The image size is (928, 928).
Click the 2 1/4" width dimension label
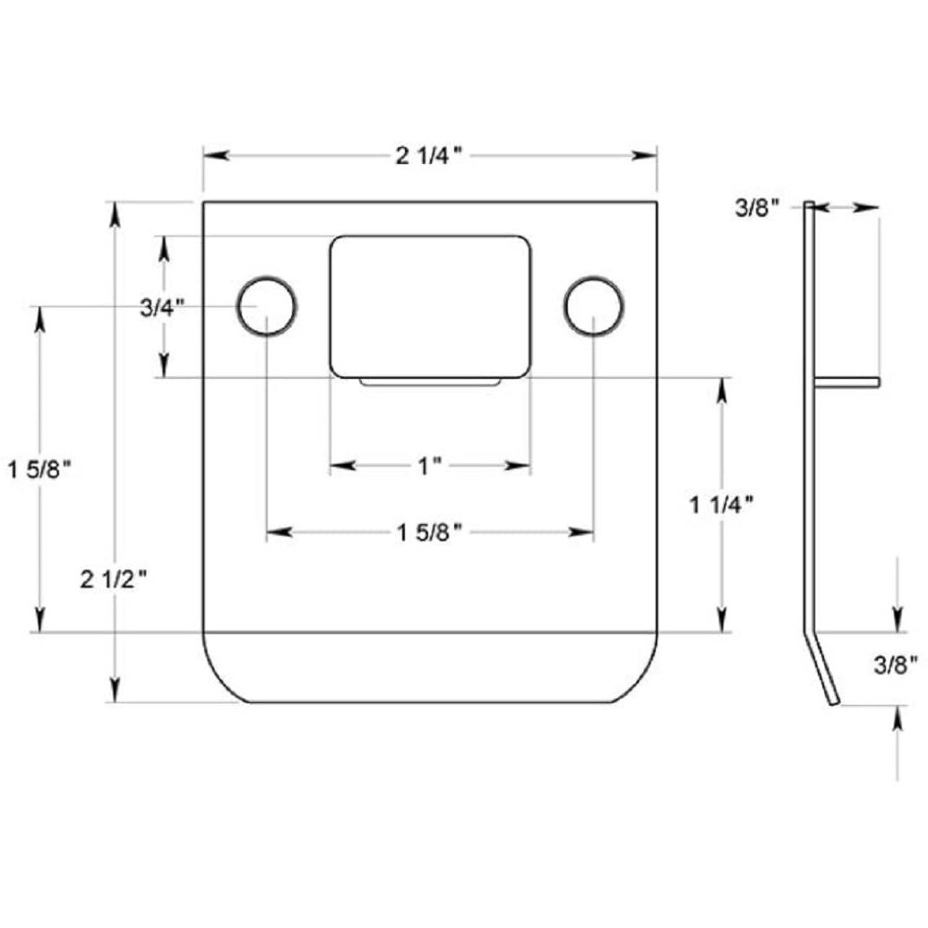429,156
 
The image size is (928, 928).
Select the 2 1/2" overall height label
113,580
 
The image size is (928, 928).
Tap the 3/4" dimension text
162,307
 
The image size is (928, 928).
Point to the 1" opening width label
430,466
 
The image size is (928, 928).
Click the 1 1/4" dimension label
721,504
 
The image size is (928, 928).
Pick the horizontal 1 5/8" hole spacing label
429,533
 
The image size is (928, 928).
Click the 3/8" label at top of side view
757,208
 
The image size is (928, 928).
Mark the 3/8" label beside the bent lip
897,665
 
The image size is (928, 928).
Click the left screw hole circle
266,306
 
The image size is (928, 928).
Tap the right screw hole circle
593,306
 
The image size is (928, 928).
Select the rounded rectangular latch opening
430,306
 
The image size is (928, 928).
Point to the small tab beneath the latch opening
430,382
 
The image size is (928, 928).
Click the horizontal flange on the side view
846,382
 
